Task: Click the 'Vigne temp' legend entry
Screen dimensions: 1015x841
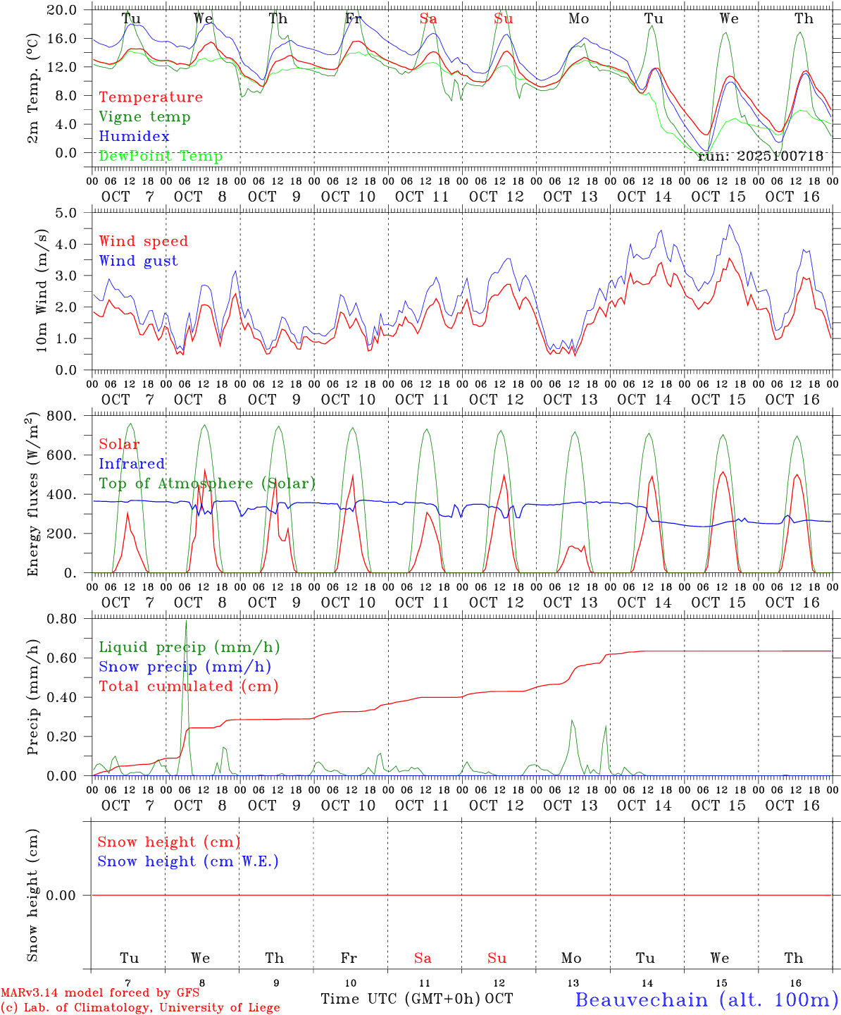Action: point(144,117)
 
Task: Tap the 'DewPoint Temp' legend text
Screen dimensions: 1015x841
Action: point(161,156)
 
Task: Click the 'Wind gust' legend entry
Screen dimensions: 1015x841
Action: point(138,261)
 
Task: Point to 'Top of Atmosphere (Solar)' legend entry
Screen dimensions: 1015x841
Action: point(207,484)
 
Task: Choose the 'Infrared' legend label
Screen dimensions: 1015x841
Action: point(132,464)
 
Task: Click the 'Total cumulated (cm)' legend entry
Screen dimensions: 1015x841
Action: point(188,687)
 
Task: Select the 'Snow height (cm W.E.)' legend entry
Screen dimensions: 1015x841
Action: point(188,861)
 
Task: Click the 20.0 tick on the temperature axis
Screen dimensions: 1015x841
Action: point(63,10)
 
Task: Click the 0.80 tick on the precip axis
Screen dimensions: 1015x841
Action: point(63,619)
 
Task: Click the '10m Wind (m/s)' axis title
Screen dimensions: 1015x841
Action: point(42,290)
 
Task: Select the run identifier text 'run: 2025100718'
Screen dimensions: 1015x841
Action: point(760,156)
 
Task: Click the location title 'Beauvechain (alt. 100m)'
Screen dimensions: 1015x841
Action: point(706,999)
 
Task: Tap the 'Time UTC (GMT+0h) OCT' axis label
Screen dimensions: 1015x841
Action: point(417,999)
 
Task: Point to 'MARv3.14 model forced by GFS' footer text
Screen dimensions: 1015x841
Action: point(100,992)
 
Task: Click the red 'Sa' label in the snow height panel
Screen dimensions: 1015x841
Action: point(423,958)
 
